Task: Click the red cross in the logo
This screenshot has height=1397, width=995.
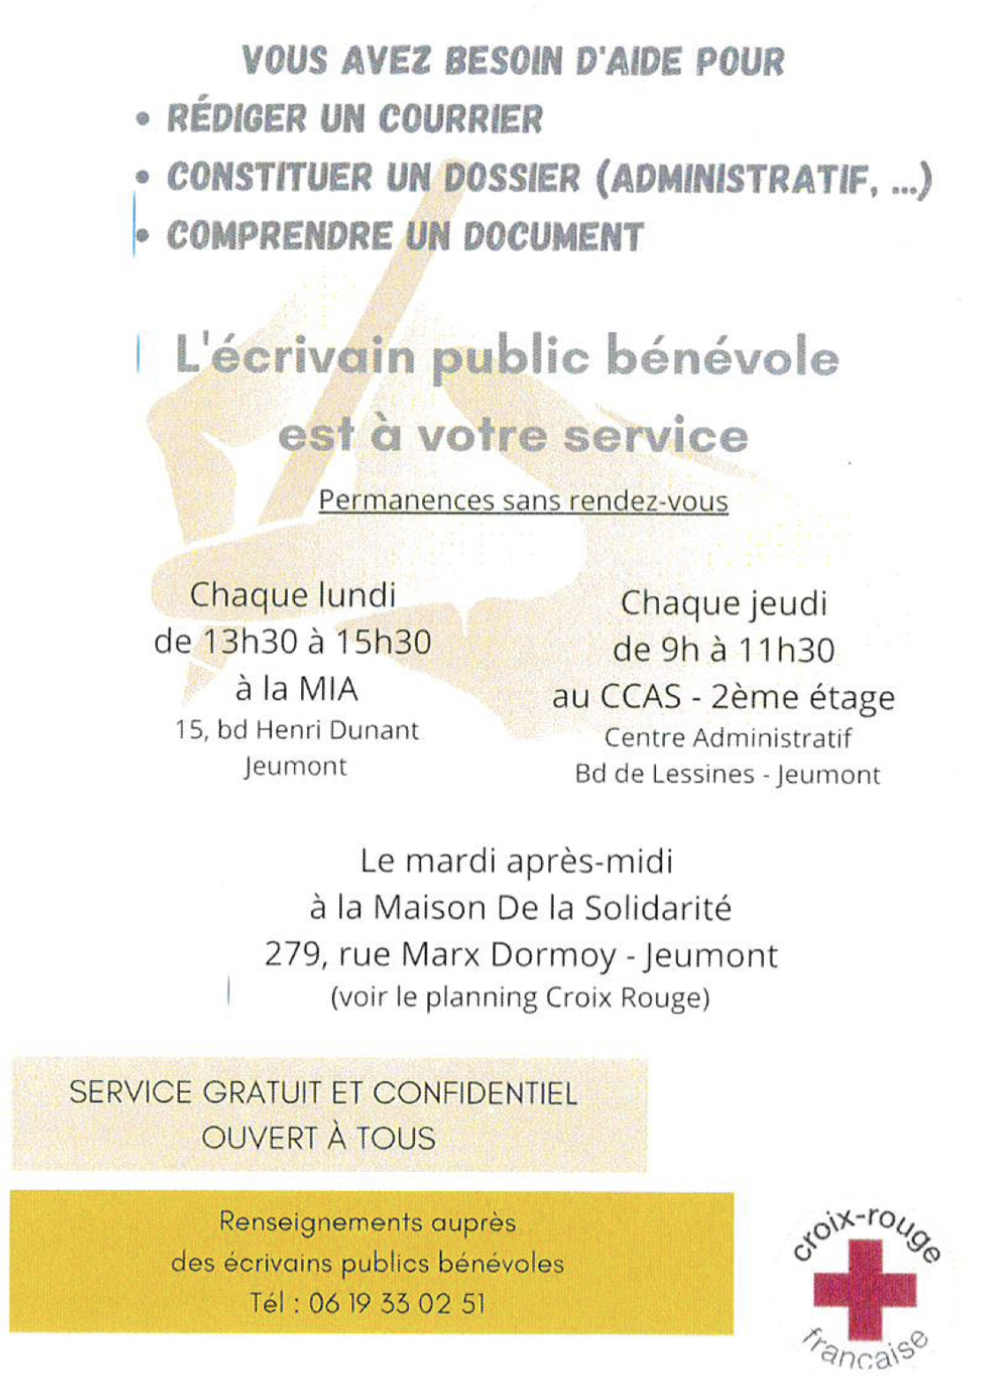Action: pyautogui.click(x=864, y=1288)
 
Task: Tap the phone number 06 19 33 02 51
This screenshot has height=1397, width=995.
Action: pyautogui.click(x=396, y=1303)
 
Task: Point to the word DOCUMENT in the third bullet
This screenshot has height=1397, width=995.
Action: pyautogui.click(x=553, y=237)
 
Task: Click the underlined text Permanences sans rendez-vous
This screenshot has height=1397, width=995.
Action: pyautogui.click(x=523, y=501)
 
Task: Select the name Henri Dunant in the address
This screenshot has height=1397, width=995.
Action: pyautogui.click(x=336, y=730)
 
